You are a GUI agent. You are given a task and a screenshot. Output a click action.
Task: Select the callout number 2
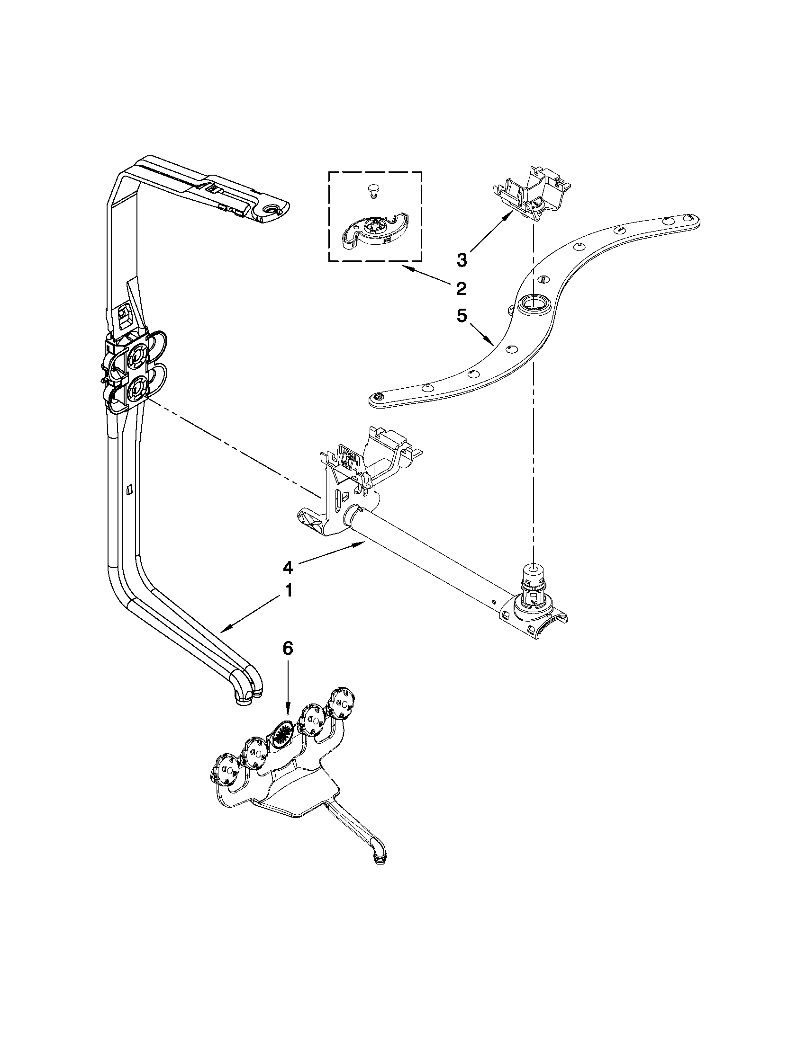click(460, 289)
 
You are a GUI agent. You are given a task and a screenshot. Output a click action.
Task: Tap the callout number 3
click(462, 260)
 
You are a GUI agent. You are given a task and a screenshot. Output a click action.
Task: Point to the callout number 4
click(288, 567)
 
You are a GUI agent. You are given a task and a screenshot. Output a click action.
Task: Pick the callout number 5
click(461, 316)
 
